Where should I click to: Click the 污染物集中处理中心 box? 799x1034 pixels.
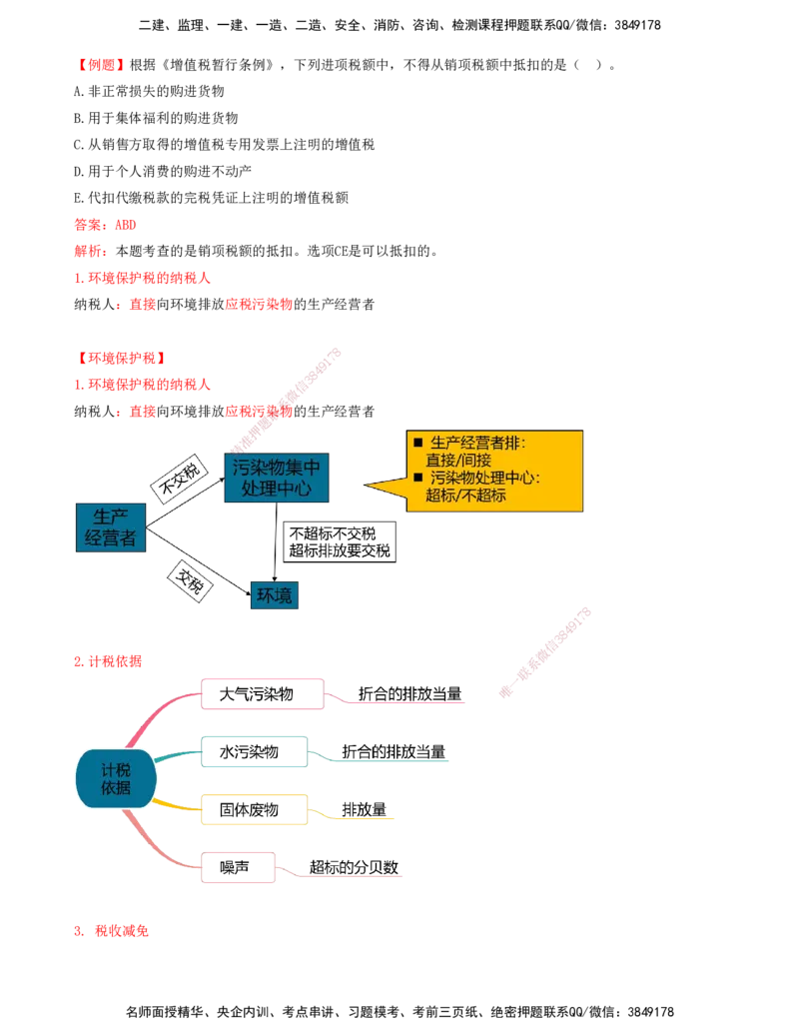coord(277,478)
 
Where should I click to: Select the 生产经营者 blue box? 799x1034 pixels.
coord(111,526)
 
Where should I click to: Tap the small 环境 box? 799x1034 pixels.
coord(275,595)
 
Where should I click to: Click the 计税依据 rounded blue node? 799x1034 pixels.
coord(116,778)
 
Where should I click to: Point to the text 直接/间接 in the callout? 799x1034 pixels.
coord(457,460)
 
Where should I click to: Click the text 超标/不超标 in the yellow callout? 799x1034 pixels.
coord(465,495)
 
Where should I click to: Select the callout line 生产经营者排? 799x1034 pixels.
coord(477,443)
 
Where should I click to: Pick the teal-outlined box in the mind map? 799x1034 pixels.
coord(255,753)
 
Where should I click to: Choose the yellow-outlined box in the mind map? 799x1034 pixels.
coord(255,810)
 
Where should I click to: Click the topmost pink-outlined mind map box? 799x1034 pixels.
coord(263,692)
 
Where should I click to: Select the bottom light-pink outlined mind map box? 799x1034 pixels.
coord(239,867)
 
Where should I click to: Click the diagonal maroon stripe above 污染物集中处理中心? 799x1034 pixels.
coord(288,399)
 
